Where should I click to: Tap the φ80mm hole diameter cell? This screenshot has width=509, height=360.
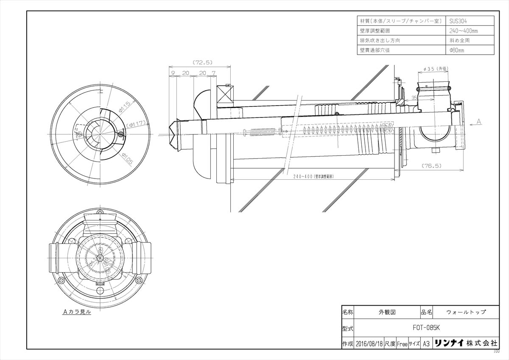click(457, 50)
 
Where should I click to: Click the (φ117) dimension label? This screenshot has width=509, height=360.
click(136, 124)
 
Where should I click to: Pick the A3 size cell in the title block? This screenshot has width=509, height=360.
click(426, 344)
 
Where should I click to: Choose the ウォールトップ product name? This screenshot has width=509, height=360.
click(466, 312)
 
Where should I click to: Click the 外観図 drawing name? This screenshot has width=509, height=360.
click(386, 312)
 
